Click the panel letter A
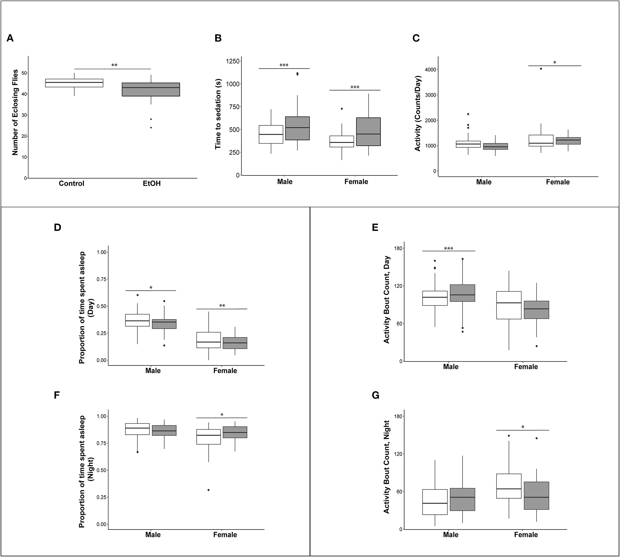click(x=10, y=38)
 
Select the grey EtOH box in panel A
click(x=151, y=89)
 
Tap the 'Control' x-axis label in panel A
click(x=71, y=184)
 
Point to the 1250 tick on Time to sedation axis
click(x=232, y=61)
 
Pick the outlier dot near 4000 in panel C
click(x=541, y=69)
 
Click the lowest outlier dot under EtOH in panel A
click(x=151, y=127)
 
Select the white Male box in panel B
click(x=271, y=134)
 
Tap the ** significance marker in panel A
click(x=114, y=65)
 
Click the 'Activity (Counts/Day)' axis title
click(x=417, y=113)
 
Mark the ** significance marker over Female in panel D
click(x=222, y=306)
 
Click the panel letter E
click(x=375, y=227)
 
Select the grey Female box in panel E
click(x=536, y=310)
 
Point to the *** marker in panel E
click(x=448, y=248)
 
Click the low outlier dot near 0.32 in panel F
click(x=208, y=490)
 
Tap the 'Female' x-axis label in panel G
click(x=526, y=535)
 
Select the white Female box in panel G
click(x=509, y=486)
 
